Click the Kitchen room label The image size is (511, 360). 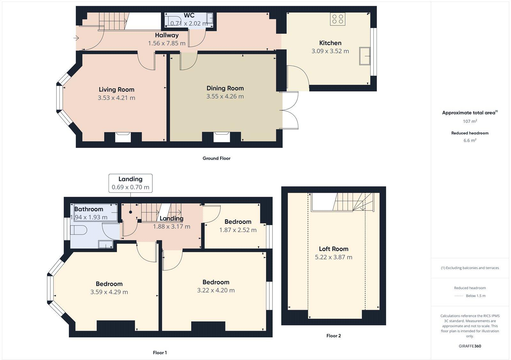[330, 43]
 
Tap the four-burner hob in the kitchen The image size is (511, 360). [338, 19]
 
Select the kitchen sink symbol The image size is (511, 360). [364, 56]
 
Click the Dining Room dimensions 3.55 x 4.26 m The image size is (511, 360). [225, 96]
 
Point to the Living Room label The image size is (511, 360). [116, 90]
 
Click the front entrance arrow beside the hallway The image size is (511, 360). [76, 38]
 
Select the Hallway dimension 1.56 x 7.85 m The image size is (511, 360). [166, 43]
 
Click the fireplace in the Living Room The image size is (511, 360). [123, 137]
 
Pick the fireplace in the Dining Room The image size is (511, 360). [222, 137]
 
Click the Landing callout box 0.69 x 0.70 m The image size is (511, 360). [130, 183]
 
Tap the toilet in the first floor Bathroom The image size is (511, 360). [78, 230]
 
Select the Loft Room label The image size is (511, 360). [333, 249]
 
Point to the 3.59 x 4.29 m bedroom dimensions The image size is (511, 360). [109, 292]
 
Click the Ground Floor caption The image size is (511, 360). [216, 158]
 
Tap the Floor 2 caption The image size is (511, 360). [333, 336]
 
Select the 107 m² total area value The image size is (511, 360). [470, 121]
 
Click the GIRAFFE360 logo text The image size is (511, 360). [470, 346]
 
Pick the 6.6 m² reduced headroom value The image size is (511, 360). [470, 140]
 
